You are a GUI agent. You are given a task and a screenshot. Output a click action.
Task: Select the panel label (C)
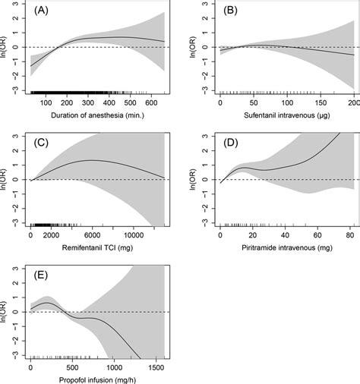point(41,143)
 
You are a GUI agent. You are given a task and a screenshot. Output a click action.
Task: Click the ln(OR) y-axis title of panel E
point(7,313)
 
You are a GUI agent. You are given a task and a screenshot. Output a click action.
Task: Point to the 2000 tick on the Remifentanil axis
point(51,231)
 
